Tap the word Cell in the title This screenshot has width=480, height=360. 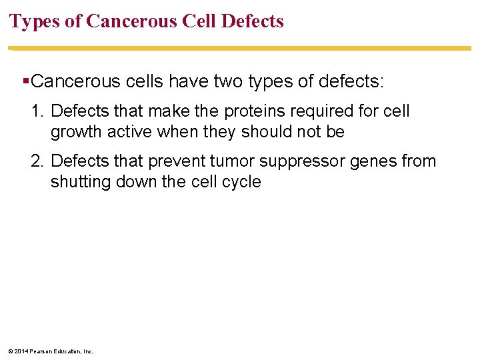pos(197,21)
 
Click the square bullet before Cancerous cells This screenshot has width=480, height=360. pos(25,82)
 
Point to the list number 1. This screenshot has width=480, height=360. pos(37,111)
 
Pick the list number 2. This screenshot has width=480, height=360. pos(37,161)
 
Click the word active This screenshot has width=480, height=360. pos(131,132)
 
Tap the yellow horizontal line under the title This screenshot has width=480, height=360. pos(240,48)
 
